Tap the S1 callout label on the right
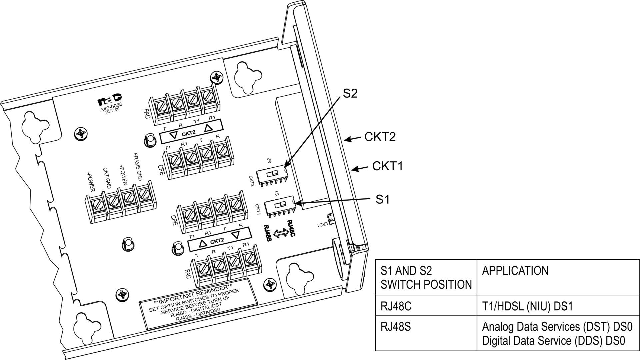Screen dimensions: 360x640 tap(382, 199)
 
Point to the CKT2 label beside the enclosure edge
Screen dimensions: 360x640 tap(380, 137)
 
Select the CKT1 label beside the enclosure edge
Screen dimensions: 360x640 tap(387, 166)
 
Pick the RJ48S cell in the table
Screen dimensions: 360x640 tap(396, 327)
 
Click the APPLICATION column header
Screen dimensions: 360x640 tap(515, 271)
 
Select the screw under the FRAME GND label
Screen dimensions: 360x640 tap(143, 194)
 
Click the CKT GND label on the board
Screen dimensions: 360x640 tap(107, 178)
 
